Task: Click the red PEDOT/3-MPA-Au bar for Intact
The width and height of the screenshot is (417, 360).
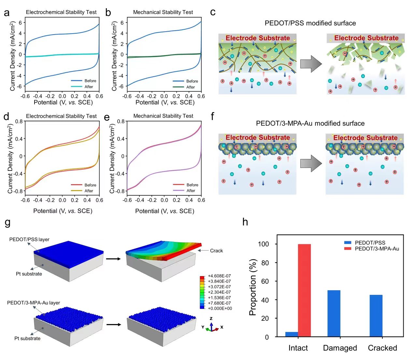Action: pyautogui.click(x=304, y=290)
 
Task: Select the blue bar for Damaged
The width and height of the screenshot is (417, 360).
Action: pyautogui.click(x=334, y=313)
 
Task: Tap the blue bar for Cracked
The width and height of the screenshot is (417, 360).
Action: pyautogui.click(x=376, y=316)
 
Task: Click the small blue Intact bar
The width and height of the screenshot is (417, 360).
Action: pyautogui.click(x=292, y=334)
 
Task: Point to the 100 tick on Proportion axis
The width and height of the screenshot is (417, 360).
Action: pyautogui.click(x=263, y=244)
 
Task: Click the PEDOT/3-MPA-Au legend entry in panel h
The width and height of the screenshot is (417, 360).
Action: pyautogui.click(x=377, y=249)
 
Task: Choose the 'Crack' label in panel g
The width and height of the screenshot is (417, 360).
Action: pyautogui.click(x=216, y=251)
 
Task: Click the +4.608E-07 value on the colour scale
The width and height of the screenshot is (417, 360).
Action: pyautogui.click(x=219, y=276)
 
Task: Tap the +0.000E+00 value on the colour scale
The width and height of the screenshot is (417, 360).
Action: pyautogui.click(x=220, y=308)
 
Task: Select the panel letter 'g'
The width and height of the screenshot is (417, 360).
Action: pyautogui.click(x=7, y=223)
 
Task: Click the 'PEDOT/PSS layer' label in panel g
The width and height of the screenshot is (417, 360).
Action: pyautogui.click(x=29, y=239)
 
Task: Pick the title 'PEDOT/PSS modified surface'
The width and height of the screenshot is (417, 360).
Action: pyautogui.click(x=310, y=23)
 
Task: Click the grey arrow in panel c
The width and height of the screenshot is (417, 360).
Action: pyautogui.click(x=311, y=64)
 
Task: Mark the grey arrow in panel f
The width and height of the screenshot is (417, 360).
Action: pyautogui.click(x=311, y=163)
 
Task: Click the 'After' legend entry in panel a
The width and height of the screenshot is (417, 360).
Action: pyautogui.click(x=89, y=87)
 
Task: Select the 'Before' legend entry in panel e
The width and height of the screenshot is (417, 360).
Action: pyautogui.click(x=192, y=185)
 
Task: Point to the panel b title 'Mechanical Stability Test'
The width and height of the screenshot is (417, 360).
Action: pyautogui.click(x=163, y=12)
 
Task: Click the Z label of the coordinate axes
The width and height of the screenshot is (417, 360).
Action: pyautogui.click(x=211, y=319)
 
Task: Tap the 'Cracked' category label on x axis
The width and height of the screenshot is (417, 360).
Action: pyautogui.click(x=382, y=348)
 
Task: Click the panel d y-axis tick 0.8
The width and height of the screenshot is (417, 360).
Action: pyautogui.click(x=19, y=122)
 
